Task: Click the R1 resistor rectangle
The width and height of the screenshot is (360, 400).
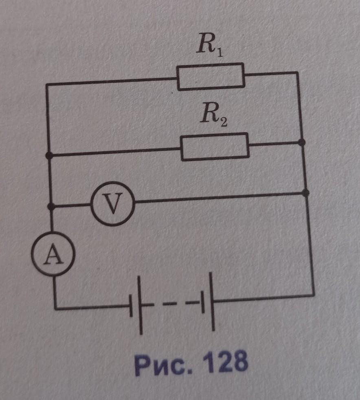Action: [x=211, y=77]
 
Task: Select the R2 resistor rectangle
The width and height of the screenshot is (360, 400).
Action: [x=215, y=146]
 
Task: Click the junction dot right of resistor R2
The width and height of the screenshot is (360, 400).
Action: [x=301, y=142]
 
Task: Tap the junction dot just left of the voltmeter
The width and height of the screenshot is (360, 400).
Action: [x=50, y=207]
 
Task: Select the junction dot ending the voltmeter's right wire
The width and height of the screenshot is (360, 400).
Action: [x=306, y=192]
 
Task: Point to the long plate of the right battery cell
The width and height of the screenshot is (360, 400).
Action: [x=212, y=302]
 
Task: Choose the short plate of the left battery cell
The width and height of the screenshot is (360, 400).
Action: [x=131, y=306]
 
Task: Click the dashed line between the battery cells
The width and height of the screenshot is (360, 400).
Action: [x=171, y=304]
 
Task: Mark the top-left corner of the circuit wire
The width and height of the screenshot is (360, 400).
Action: [x=48, y=85]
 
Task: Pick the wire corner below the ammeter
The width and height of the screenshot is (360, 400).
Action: [x=55, y=309]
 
